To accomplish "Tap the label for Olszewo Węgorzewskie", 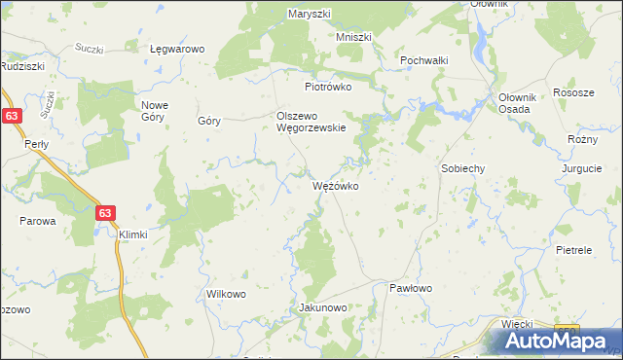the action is click(x=306, y=122).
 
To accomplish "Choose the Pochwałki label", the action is click(x=423, y=59).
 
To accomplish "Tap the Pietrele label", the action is click(x=573, y=250).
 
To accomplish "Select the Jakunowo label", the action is click(x=322, y=308).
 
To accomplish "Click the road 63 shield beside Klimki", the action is click(x=105, y=212).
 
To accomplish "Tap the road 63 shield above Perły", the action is click(x=11, y=116).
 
